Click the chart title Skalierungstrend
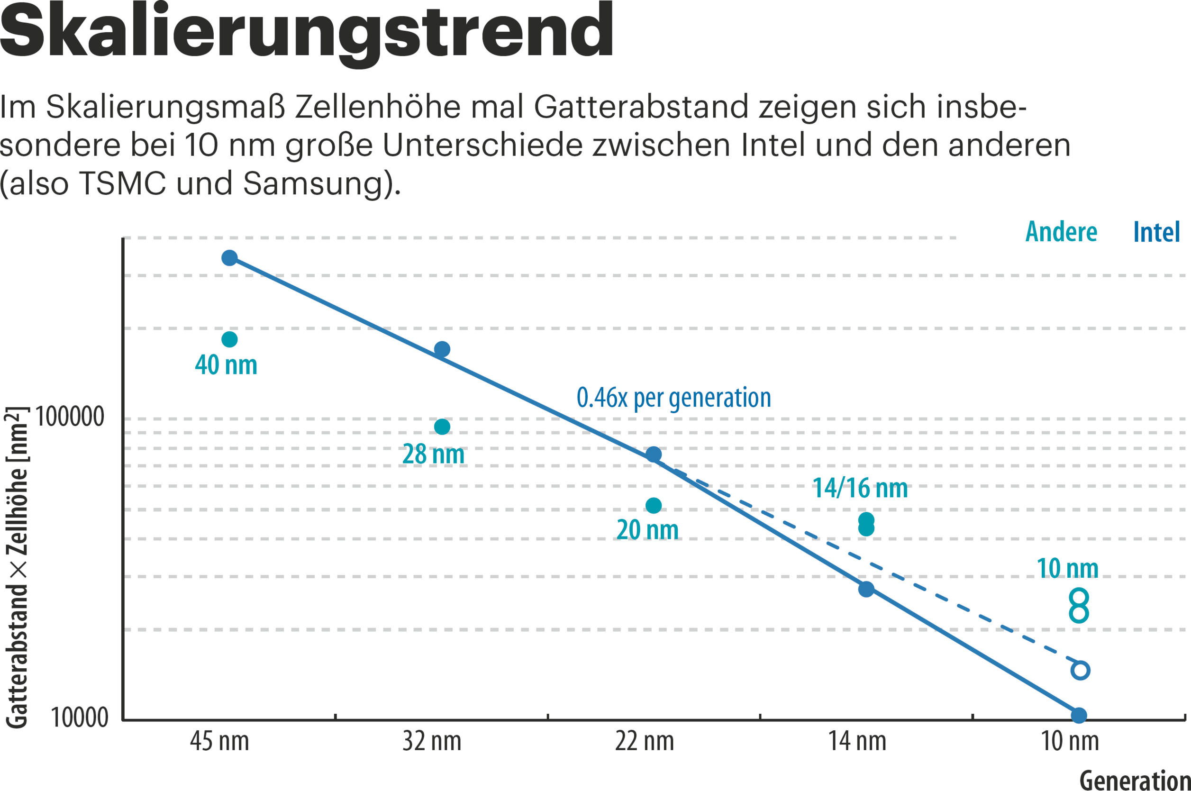[306, 31]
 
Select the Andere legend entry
[1061, 233]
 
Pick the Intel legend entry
[1156, 233]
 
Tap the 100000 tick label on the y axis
[70, 417]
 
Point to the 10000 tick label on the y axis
[80, 718]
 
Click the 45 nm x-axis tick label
[219, 742]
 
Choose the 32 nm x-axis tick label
[432, 742]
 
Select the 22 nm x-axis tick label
[644, 742]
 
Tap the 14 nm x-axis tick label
[857, 742]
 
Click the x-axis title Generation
[1135, 780]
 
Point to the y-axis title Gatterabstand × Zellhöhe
[17, 567]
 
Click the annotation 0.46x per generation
[673, 398]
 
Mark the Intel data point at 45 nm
[229, 258]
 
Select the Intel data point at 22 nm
[654, 454]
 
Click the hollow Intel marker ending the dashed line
[1080, 671]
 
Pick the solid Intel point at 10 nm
[1079, 715]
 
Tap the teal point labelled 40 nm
[229, 339]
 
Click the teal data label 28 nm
[433, 454]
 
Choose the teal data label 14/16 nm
[860, 488]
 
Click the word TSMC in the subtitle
[123, 183]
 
